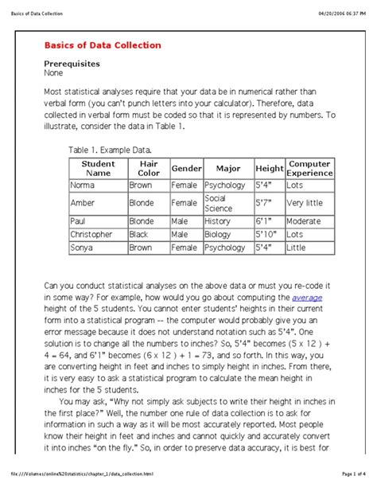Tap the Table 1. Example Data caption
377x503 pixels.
click(111, 149)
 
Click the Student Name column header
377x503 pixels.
click(98, 168)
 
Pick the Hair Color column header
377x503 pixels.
click(149, 168)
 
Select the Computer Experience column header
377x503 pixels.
click(309, 168)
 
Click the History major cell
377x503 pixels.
click(217, 221)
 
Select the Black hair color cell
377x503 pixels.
click(140, 235)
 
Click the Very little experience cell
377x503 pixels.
click(306, 203)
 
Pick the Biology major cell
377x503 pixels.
click(217, 235)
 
